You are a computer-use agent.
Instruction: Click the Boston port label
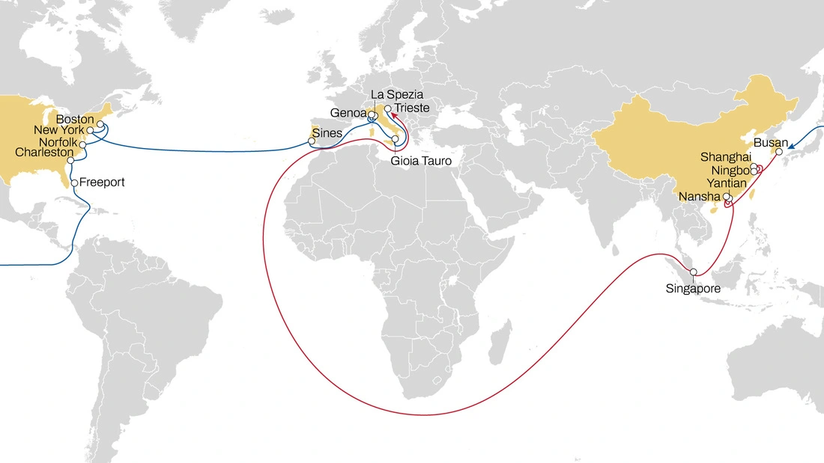(75, 119)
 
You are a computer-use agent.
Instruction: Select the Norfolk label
(58, 142)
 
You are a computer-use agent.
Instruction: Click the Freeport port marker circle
(74, 182)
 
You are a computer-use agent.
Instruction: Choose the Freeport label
(102, 182)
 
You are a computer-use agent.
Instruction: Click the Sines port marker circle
(312, 141)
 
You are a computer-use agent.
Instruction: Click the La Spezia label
(397, 95)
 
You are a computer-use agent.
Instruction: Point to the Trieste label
(412, 108)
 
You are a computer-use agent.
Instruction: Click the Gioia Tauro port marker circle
(396, 139)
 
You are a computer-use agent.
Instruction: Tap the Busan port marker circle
(778, 151)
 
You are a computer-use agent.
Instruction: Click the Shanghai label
(725, 157)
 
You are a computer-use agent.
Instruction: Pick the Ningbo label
(730, 171)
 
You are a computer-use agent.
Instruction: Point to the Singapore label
(693, 288)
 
